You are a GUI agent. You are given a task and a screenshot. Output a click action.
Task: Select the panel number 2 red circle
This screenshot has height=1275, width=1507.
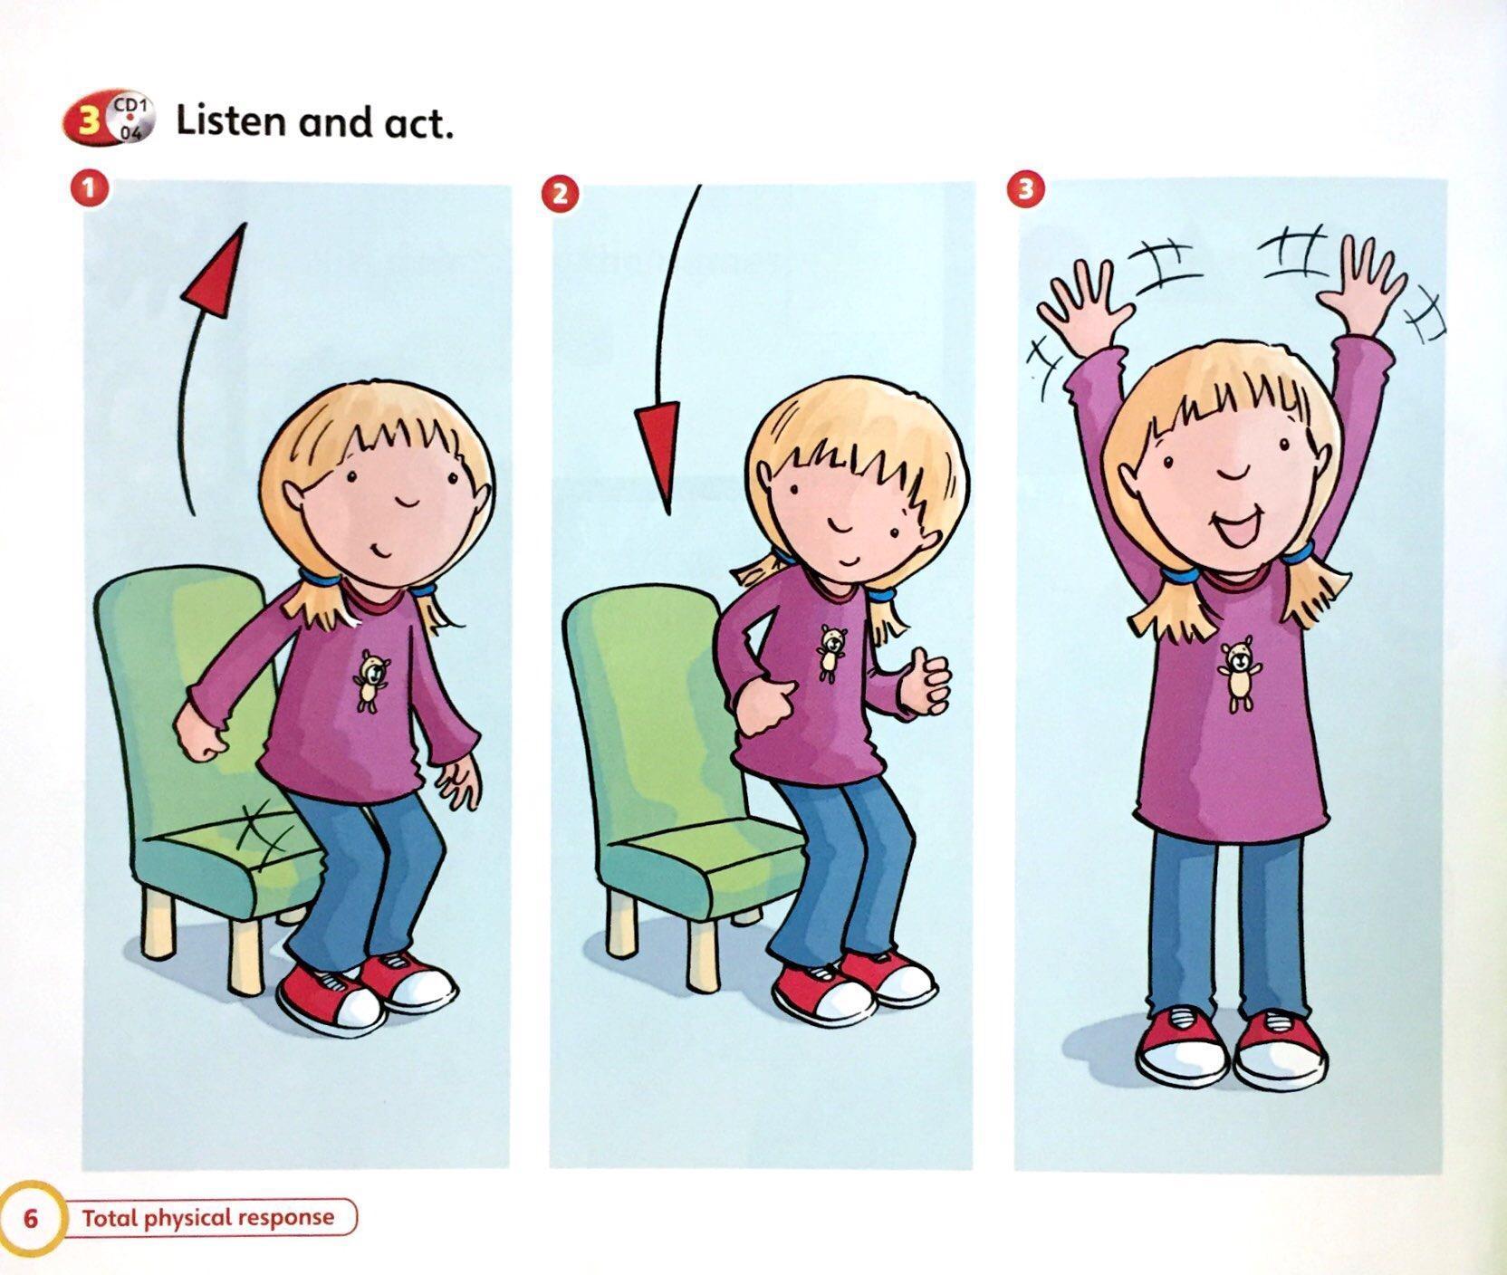(x=559, y=195)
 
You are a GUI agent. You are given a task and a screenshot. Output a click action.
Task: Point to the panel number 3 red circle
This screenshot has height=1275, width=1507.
(x=1027, y=189)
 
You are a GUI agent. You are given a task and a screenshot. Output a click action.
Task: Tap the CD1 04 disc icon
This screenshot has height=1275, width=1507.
(x=130, y=118)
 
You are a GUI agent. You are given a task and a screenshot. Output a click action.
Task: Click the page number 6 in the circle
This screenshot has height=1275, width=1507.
(x=31, y=1218)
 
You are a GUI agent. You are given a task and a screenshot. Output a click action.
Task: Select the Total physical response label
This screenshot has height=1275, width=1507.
(x=207, y=1217)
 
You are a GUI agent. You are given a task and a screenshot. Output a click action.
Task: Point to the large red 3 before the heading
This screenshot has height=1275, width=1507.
(x=88, y=120)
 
